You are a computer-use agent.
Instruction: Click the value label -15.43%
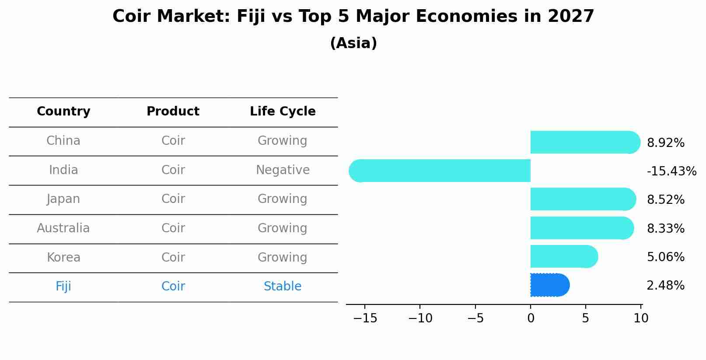point(671,171)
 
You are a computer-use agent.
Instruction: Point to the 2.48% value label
point(665,286)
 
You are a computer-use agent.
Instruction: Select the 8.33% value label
point(665,228)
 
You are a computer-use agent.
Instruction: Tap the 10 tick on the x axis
point(641,318)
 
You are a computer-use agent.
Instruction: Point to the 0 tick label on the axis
point(531,318)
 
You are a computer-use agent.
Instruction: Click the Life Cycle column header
point(283,112)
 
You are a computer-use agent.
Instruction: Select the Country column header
point(63,112)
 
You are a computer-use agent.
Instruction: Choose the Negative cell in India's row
point(283,170)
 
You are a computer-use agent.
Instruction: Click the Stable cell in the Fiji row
point(283,287)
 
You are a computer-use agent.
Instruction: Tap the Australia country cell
point(63,228)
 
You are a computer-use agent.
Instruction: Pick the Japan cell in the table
point(63,199)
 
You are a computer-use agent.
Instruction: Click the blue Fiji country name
point(63,287)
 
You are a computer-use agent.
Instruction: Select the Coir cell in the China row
point(173,141)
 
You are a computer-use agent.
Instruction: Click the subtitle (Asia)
point(353,43)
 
